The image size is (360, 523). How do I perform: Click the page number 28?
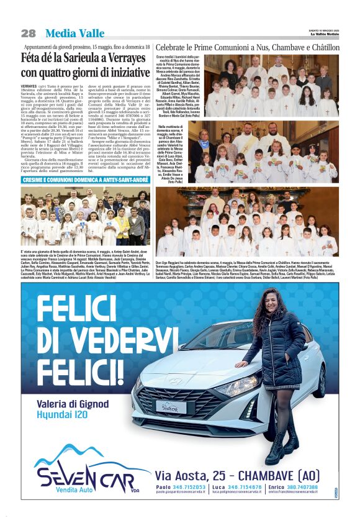coord(28,33)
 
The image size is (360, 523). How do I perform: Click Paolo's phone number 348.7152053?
coord(189,488)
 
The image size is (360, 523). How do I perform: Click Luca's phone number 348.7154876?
coord(245,488)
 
